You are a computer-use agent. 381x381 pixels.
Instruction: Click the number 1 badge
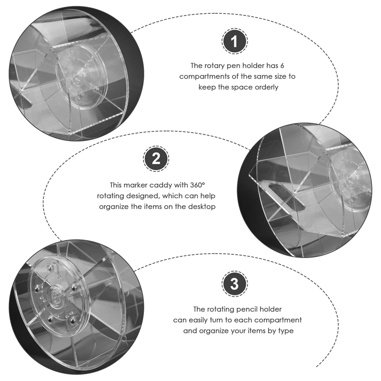click(x=234, y=41)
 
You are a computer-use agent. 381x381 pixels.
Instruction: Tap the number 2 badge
click(x=156, y=159)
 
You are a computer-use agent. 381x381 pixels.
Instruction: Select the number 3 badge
click(x=234, y=283)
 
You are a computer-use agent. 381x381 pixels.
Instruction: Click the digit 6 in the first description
click(x=282, y=66)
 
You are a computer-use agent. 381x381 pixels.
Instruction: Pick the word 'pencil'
click(x=247, y=309)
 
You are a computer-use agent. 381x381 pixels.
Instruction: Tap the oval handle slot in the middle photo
click(x=287, y=197)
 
